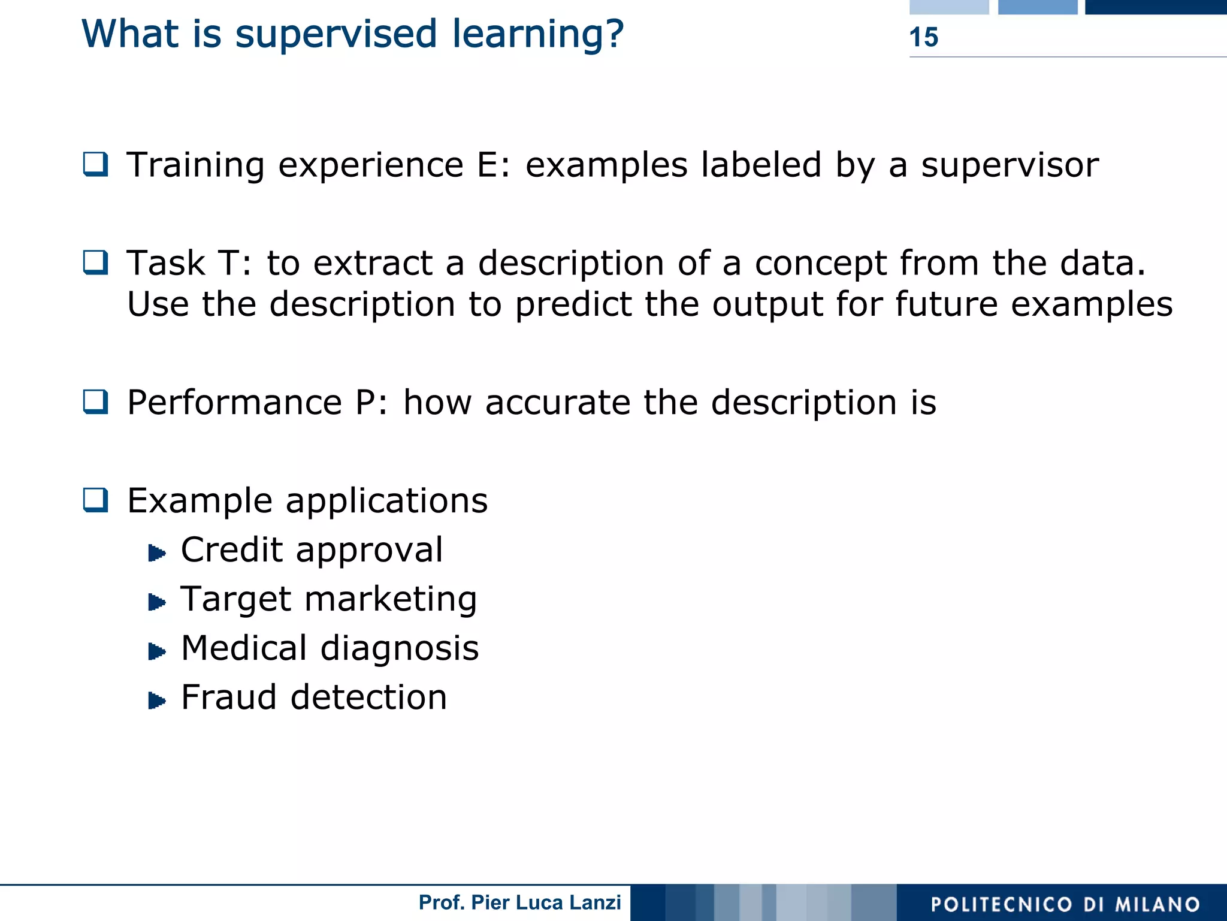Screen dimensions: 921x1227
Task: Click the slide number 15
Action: point(923,37)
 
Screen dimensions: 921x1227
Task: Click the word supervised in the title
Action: point(336,34)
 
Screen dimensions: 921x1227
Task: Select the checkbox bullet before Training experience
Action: point(96,164)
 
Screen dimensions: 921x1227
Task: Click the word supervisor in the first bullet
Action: point(1010,165)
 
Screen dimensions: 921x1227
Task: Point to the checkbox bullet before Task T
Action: point(96,262)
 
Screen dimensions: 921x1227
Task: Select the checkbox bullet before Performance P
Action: point(96,401)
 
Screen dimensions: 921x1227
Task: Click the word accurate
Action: point(557,402)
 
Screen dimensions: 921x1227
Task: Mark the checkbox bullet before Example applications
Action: point(96,500)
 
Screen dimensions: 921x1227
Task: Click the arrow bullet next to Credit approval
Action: point(156,552)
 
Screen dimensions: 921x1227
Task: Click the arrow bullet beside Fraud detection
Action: point(156,700)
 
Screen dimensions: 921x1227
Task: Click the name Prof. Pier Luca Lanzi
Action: point(519,902)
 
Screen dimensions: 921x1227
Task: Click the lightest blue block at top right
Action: point(949,7)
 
